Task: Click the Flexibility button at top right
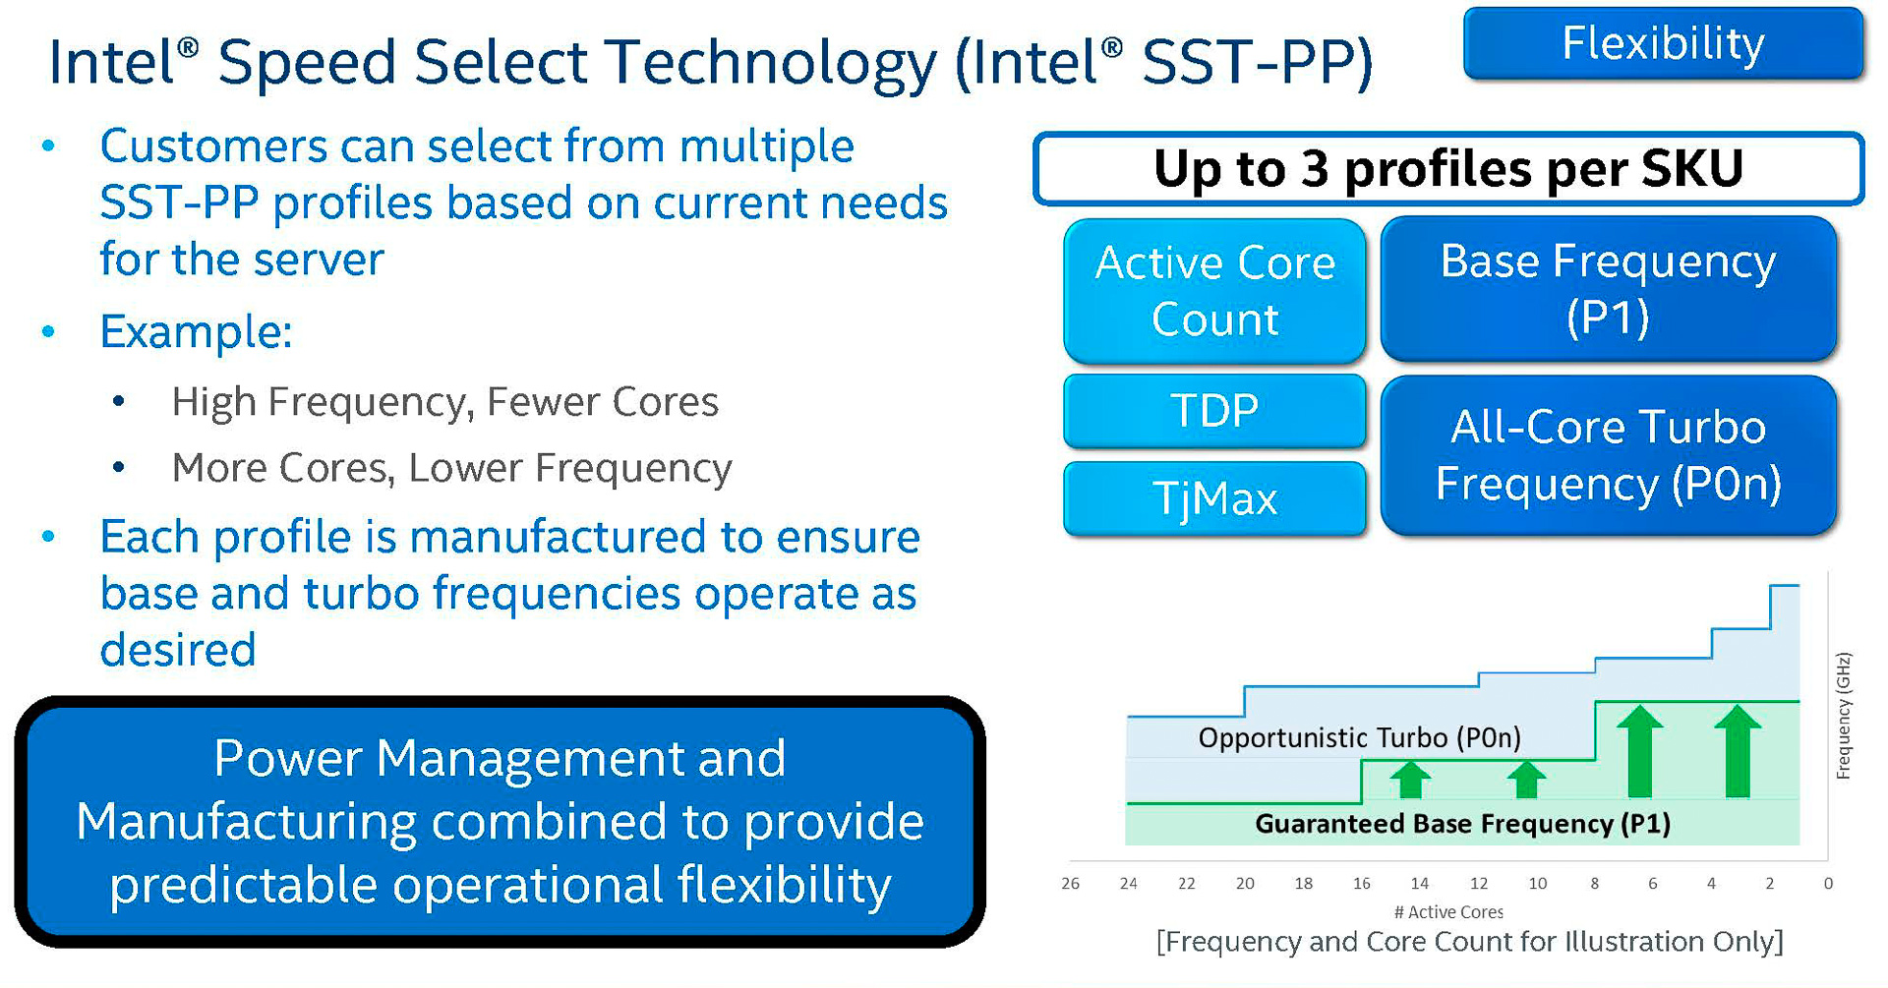[1663, 43]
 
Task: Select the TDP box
[1214, 410]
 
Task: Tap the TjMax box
[1214, 498]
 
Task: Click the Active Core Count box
[1214, 291]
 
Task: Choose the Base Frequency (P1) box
[1608, 288]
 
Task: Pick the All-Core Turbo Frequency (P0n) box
[1608, 455]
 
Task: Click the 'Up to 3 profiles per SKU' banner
[1447, 168]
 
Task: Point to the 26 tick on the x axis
[1070, 883]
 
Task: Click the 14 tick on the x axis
[1420, 883]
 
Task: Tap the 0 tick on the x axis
[1828, 883]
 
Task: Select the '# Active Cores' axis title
[1448, 911]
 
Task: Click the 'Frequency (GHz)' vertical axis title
[1844, 716]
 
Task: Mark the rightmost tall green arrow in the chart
[1738, 751]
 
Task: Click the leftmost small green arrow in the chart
[1410, 779]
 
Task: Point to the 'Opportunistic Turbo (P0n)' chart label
[1359, 737]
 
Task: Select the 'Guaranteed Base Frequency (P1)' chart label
[1462, 824]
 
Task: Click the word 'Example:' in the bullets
[197, 331]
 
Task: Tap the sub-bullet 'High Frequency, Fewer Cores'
[444, 402]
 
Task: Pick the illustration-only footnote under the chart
[1469, 942]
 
